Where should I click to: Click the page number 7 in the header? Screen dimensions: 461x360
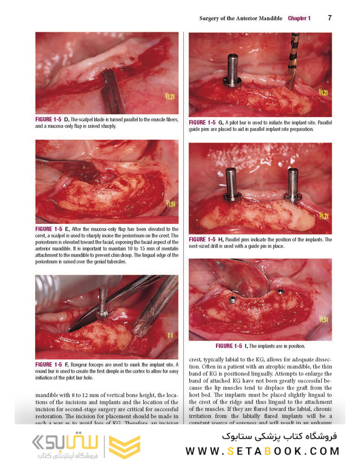point(330,18)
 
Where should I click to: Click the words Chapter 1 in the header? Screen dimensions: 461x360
point(299,19)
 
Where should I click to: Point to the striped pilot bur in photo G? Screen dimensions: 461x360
point(292,59)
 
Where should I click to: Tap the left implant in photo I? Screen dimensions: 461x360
point(232,299)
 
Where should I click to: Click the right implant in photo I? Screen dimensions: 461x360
point(281,291)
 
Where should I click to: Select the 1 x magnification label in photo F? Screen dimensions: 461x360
point(170,335)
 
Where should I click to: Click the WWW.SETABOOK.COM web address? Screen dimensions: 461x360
point(262,451)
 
